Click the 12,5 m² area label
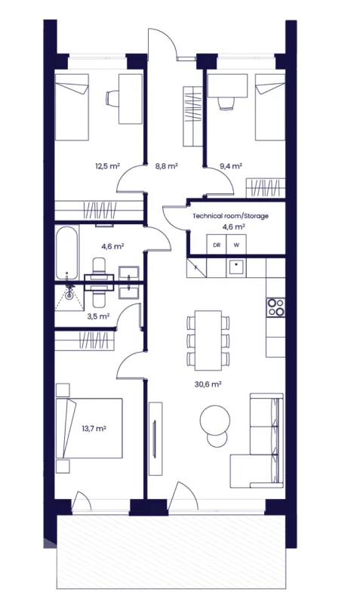pyautogui.click(x=107, y=166)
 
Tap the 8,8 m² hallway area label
pyautogui.click(x=166, y=166)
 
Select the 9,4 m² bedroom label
pyautogui.click(x=231, y=166)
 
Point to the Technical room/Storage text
pyautogui.click(x=230, y=216)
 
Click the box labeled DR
pyautogui.click(x=217, y=245)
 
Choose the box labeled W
pyautogui.click(x=236, y=245)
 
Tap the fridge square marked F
pyautogui.click(x=196, y=268)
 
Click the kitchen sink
pyautogui.click(x=236, y=267)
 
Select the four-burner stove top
pyautogui.click(x=275, y=307)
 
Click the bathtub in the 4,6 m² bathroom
pyautogui.click(x=67, y=253)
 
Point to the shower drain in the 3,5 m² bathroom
pyautogui.click(x=69, y=296)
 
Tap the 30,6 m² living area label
pyautogui.click(x=208, y=384)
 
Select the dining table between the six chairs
pyautogui.click(x=208, y=341)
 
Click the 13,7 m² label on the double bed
pyautogui.click(x=94, y=428)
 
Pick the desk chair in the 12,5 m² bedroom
pyautogui.click(x=112, y=98)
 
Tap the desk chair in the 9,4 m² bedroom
pyautogui.click(x=226, y=103)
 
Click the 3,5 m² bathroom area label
pyautogui.click(x=98, y=316)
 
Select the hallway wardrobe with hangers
pyautogui.click(x=192, y=117)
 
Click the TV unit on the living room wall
pyautogui.click(x=155, y=439)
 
